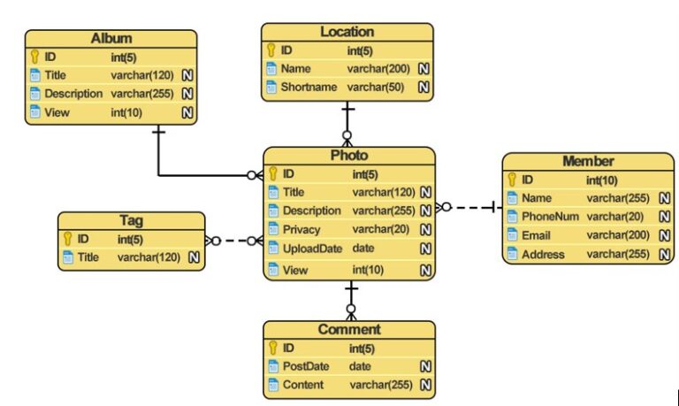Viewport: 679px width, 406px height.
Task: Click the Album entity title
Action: tap(111, 38)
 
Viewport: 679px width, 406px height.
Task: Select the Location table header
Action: tap(347, 32)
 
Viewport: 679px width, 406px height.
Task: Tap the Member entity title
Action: tap(588, 161)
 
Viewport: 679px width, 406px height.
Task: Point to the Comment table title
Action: tap(348, 329)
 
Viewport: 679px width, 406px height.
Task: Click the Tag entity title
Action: tap(131, 220)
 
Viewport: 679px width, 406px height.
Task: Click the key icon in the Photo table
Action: tap(273, 173)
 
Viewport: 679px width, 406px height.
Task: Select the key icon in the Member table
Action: tap(512, 180)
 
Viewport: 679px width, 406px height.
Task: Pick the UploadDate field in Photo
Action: tap(311, 249)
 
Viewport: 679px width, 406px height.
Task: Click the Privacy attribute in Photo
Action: tap(301, 229)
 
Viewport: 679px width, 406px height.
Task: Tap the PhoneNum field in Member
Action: tap(549, 217)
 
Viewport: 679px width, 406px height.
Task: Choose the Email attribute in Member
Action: tap(536, 235)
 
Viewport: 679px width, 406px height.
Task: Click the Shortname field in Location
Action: tap(309, 88)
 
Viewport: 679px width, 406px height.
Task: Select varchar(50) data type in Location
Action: tap(375, 88)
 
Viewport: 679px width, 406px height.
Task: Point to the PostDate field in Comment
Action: tap(307, 366)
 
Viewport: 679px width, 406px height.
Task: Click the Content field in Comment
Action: tap(302, 385)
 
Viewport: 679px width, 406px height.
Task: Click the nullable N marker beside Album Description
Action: tap(187, 94)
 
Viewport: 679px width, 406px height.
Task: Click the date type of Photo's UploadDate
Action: tap(363, 249)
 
